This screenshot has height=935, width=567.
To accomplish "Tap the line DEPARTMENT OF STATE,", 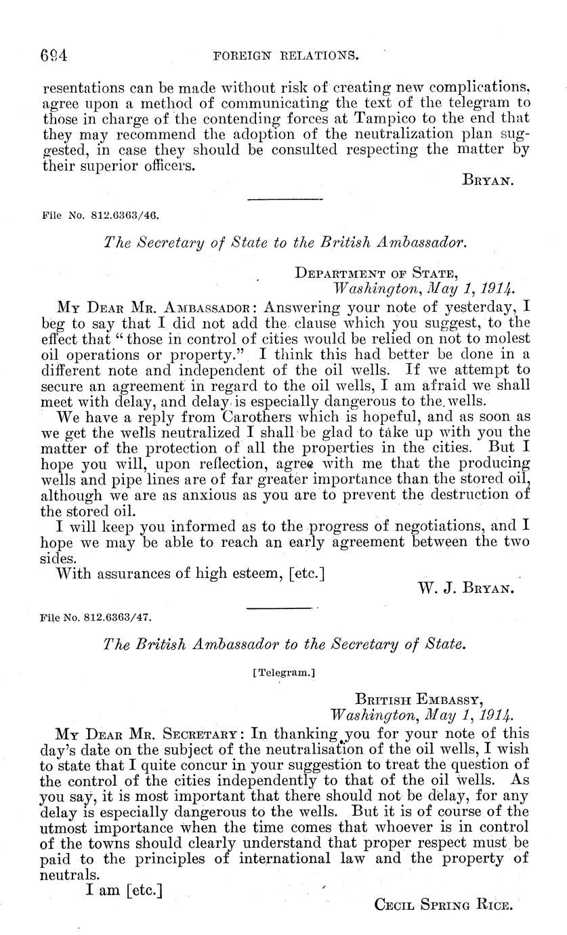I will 377,274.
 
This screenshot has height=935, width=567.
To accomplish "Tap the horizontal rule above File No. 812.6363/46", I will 284,200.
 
